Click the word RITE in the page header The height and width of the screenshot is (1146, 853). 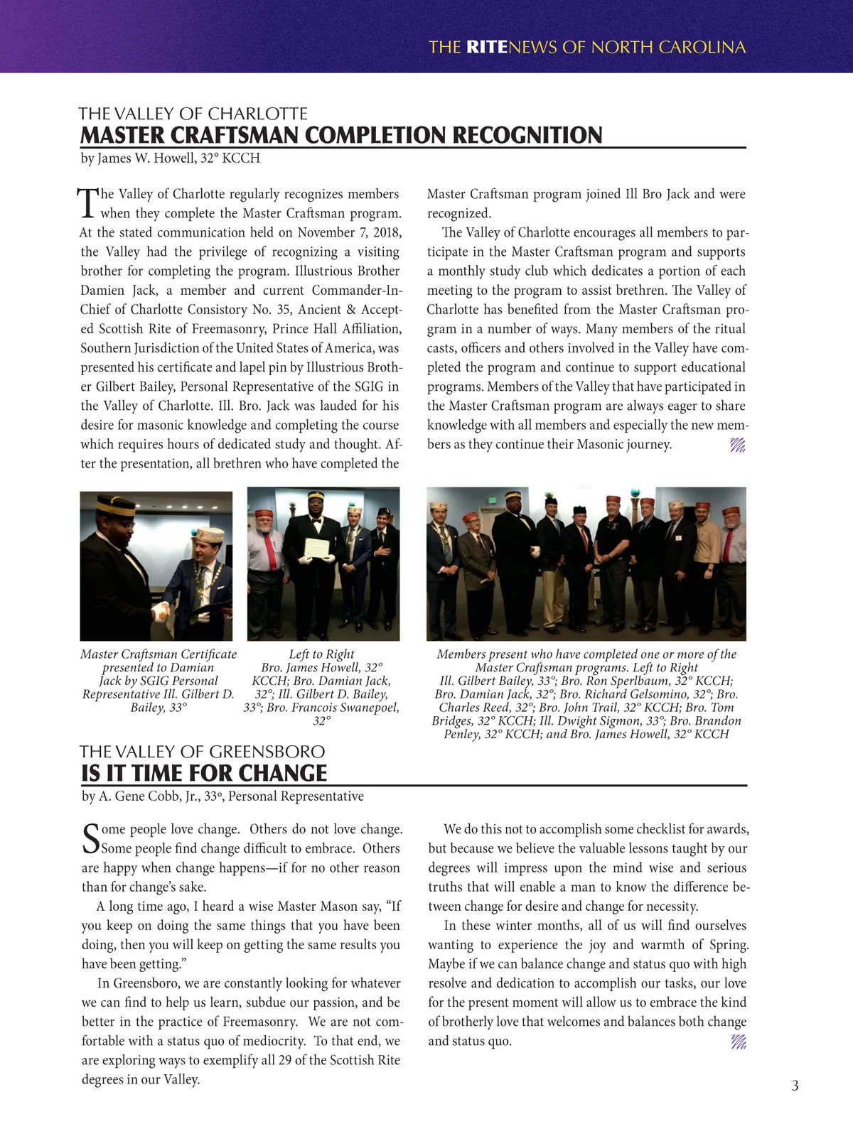(487, 48)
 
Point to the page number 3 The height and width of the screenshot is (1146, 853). (795, 1086)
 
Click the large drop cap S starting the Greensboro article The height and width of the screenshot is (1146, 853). (90, 839)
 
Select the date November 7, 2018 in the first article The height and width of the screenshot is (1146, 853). (349, 232)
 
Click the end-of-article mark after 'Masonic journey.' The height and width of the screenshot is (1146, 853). (737, 445)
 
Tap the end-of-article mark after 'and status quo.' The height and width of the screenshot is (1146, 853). (738, 1042)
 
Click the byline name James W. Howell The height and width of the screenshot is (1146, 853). (146, 158)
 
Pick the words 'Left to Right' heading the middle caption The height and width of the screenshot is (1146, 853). (321, 654)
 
